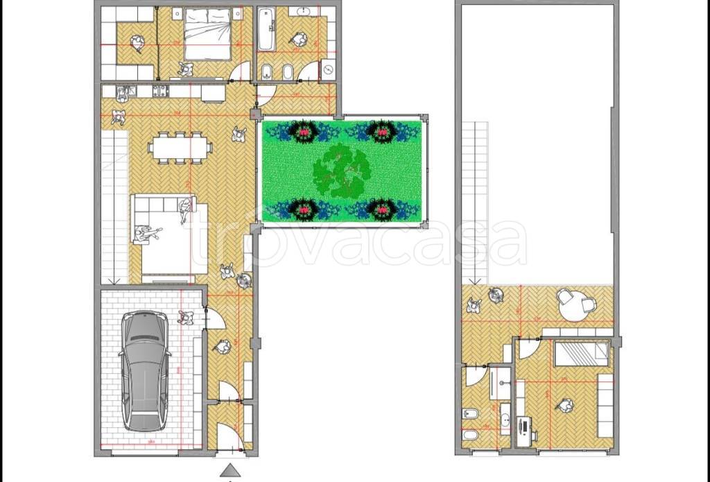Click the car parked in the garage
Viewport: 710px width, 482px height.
click(x=144, y=370)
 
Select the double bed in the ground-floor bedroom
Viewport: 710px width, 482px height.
click(x=206, y=36)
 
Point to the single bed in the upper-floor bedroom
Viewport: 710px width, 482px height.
click(x=582, y=354)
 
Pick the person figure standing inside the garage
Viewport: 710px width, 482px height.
click(x=185, y=318)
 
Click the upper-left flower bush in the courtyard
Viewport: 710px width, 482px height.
click(x=302, y=130)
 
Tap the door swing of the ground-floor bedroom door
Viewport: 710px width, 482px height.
click(x=240, y=70)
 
